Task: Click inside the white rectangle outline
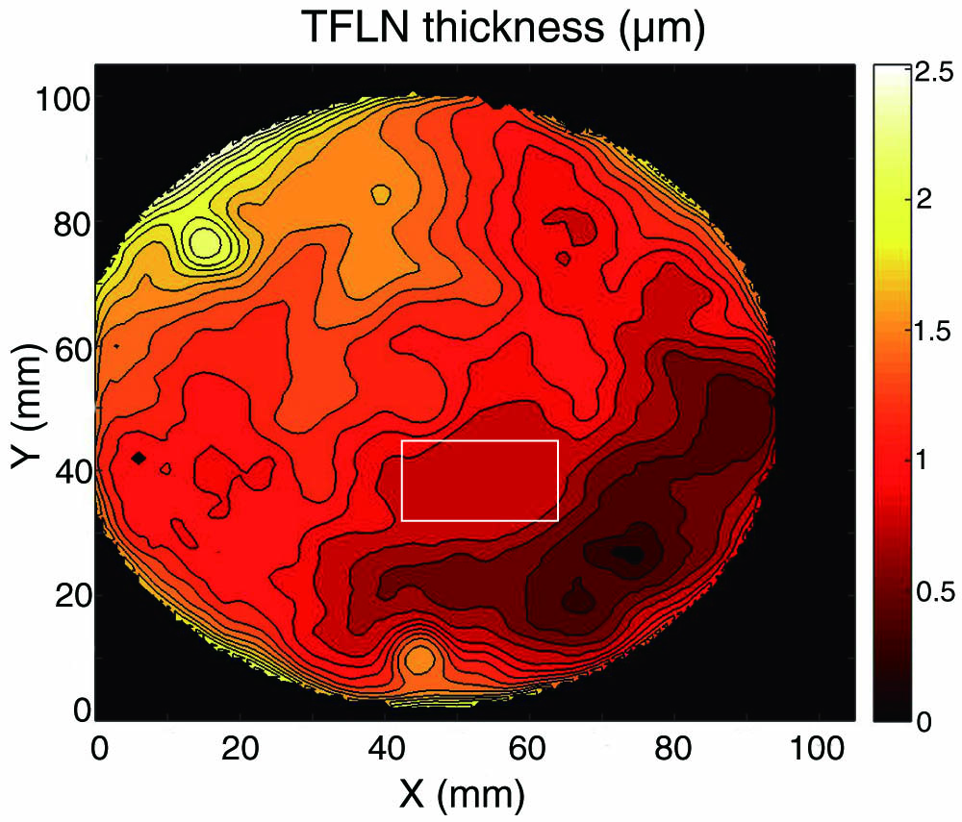tap(479, 481)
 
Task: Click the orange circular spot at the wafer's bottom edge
tap(419, 660)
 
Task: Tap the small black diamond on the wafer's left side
tap(139, 458)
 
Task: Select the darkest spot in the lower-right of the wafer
tap(628, 554)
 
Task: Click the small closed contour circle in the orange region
tap(381, 194)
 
